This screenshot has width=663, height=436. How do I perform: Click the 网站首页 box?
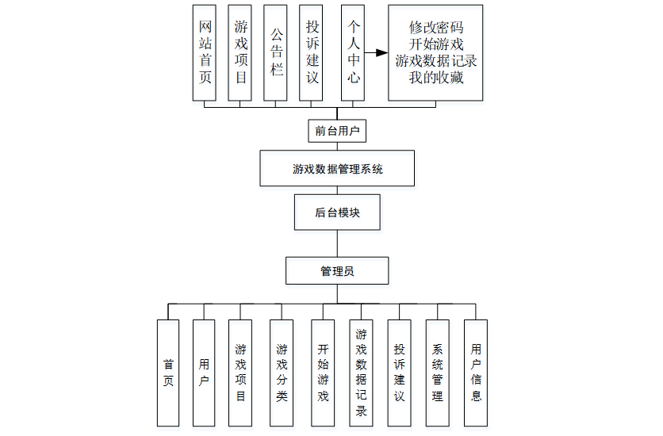(x=205, y=52)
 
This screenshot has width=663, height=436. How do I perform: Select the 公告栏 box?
(x=275, y=52)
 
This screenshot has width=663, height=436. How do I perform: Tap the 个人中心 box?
(x=353, y=52)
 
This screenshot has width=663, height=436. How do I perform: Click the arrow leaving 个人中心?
(x=376, y=53)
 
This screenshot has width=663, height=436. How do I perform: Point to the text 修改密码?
(x=435, y=27)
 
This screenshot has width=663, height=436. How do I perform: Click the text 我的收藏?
(x=435, y=78)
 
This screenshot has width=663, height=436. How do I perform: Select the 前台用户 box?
(x=337, y=131)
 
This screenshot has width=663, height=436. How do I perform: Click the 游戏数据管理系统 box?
(x=337, y=169)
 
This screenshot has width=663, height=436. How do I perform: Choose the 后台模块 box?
(x=337, y=212)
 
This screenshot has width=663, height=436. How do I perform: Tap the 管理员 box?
(x=337, y=271)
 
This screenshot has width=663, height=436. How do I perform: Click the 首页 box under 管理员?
(x=168, y=372)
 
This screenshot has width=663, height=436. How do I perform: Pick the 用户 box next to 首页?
(x=204, y=372)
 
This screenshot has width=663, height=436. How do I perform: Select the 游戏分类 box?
(x=281, y=372)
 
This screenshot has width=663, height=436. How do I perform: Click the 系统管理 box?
(x=437, y=372)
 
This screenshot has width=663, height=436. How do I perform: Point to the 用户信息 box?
(x=476, y=372)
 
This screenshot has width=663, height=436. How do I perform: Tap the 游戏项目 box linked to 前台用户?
(x=240, y=52)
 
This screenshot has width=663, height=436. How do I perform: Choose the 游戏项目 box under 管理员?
(x=240, y=372)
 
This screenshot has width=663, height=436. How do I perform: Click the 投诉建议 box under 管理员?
(x=399, y=372)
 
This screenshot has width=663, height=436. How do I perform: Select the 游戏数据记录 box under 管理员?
(x=361, y=372)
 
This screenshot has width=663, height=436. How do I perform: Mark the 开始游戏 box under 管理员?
(x=323, y=372)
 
